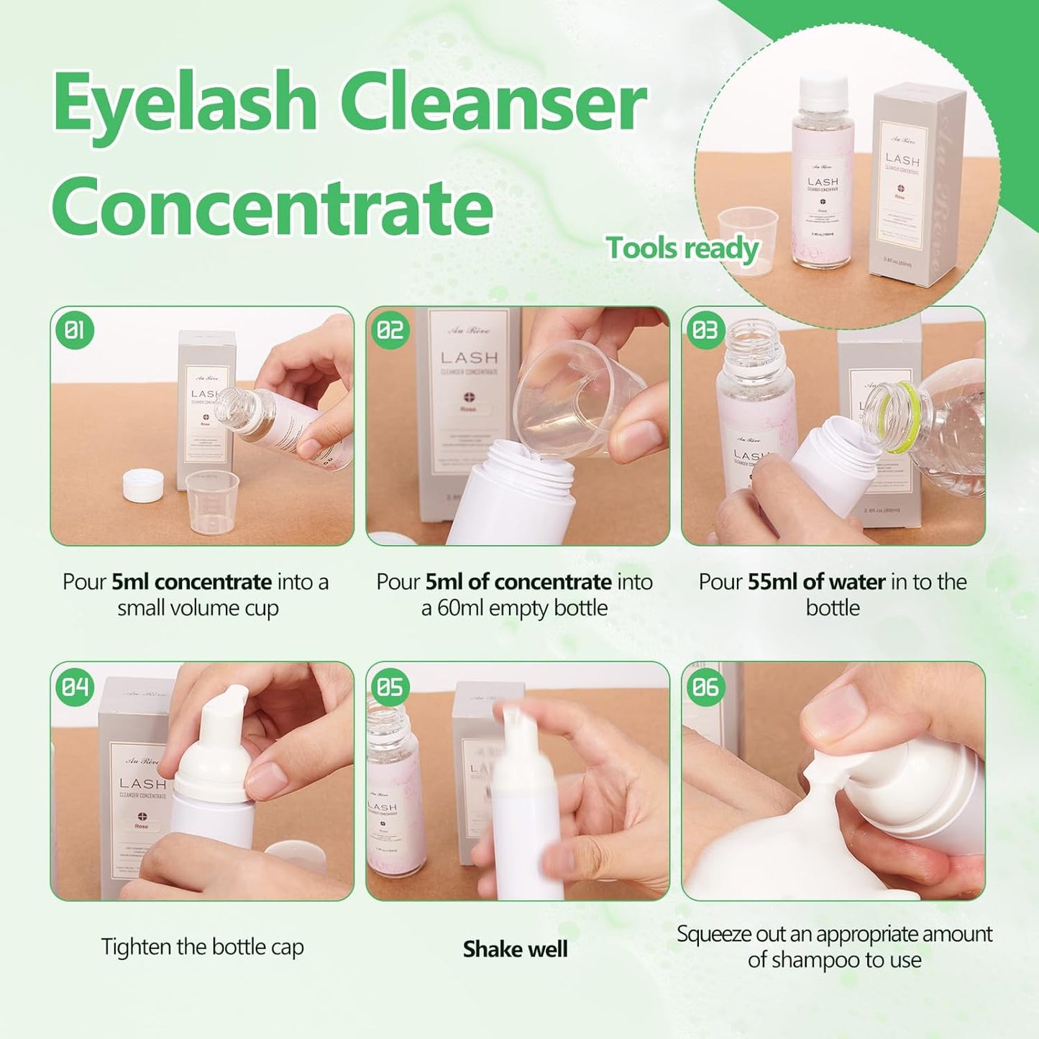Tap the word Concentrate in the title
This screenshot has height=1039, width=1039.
(x=272, y=206)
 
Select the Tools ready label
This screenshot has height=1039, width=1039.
(x=682, y=248)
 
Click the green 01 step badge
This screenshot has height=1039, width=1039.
(x=74, y=330)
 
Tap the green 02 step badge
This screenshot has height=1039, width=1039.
(x=390, y=330)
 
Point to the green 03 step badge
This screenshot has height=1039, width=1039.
(x=705, y=330)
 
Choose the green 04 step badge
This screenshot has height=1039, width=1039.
(x=74, y=686)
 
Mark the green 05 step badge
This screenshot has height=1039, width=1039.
(x=390, y=686)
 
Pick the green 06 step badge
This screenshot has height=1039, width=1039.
(x=705, y=686)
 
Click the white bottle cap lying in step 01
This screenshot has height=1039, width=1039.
(x=142, y=485)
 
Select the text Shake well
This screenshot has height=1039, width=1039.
(x=515, y=949)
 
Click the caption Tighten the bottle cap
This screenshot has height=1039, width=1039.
(x=202, y=947)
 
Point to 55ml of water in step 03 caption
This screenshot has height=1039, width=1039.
(x=816, y=582)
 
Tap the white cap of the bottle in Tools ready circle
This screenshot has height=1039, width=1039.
(x=824, y=90)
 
